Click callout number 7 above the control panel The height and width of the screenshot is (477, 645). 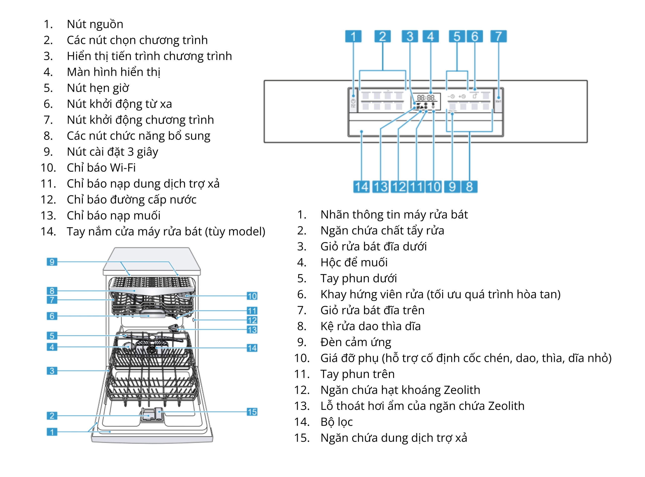(498, 36)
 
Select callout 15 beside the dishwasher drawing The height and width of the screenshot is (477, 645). (252, 412)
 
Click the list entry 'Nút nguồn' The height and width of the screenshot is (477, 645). (95, 24)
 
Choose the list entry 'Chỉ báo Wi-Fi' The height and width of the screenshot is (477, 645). (101, 167)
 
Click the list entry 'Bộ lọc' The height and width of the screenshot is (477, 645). (336, 422)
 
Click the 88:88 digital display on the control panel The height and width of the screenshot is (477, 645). (426, 98)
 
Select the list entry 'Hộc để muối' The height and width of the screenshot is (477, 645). (354, 262)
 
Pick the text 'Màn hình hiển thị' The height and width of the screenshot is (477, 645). (113, 72)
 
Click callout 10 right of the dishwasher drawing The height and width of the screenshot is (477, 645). (252, 296)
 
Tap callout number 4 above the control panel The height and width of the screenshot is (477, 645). (430, 36)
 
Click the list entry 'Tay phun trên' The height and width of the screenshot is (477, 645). (357, 374)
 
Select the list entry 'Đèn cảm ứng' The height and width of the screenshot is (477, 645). (355, 342)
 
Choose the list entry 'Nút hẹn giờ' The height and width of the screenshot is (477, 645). (98, 88)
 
